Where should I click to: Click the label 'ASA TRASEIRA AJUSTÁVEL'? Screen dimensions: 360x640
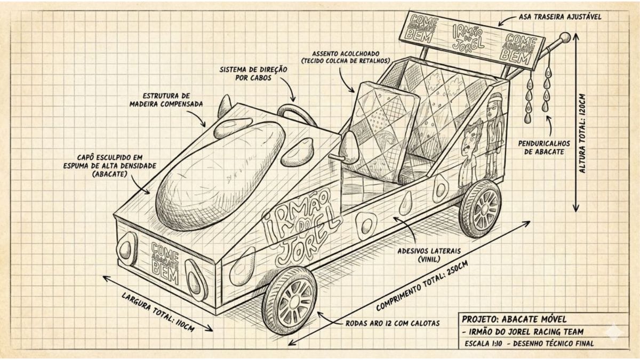pos(559,17)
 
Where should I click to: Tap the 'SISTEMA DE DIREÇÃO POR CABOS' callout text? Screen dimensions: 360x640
pos(254,74)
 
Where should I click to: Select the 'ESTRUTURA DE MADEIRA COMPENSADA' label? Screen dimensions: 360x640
pos(166,100)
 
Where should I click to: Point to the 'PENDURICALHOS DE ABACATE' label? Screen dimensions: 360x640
pos(547,147)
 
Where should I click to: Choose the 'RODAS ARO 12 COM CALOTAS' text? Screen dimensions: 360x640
pos(393,323)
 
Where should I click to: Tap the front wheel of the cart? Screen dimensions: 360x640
pos(291,301)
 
